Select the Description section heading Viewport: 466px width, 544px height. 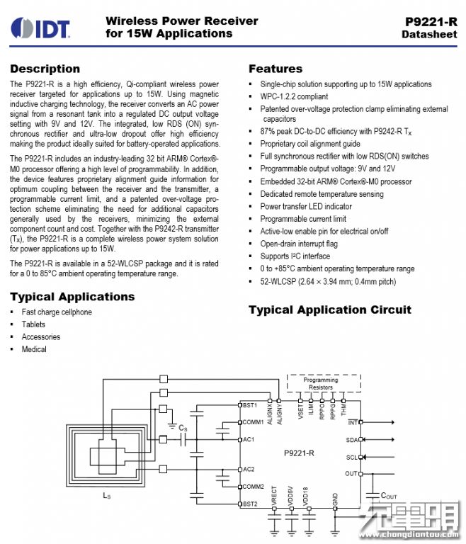coord(45,69)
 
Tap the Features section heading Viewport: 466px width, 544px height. coord(275,69)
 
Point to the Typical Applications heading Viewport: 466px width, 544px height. coord(72,297)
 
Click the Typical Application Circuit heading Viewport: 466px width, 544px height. coord(329,310)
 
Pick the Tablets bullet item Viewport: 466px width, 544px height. coord(33,324)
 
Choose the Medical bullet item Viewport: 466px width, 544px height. coord(34,349)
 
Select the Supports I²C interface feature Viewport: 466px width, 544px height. coord(295,256)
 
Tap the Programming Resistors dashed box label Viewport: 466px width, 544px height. coord(321,383)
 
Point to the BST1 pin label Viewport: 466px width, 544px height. coord(251,405)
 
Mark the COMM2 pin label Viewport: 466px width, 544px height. coord(254,487)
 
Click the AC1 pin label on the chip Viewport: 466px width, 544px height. coord(249,439)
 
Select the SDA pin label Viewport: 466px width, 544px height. coord(352,440)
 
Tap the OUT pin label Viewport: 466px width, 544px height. coord(352,474)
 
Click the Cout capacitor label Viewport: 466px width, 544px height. coord(390,495)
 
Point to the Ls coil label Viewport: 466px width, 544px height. coord(106,496)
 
